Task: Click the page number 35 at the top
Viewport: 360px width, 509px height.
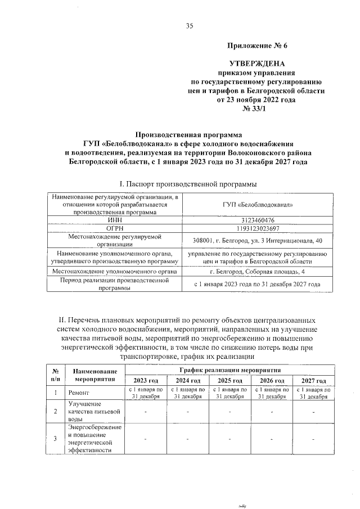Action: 189,25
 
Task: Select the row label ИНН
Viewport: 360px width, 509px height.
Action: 115,220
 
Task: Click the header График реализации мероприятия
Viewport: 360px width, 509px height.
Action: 229,370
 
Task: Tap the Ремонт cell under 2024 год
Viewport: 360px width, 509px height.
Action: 187,393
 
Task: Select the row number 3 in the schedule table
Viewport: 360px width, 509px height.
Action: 55,438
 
